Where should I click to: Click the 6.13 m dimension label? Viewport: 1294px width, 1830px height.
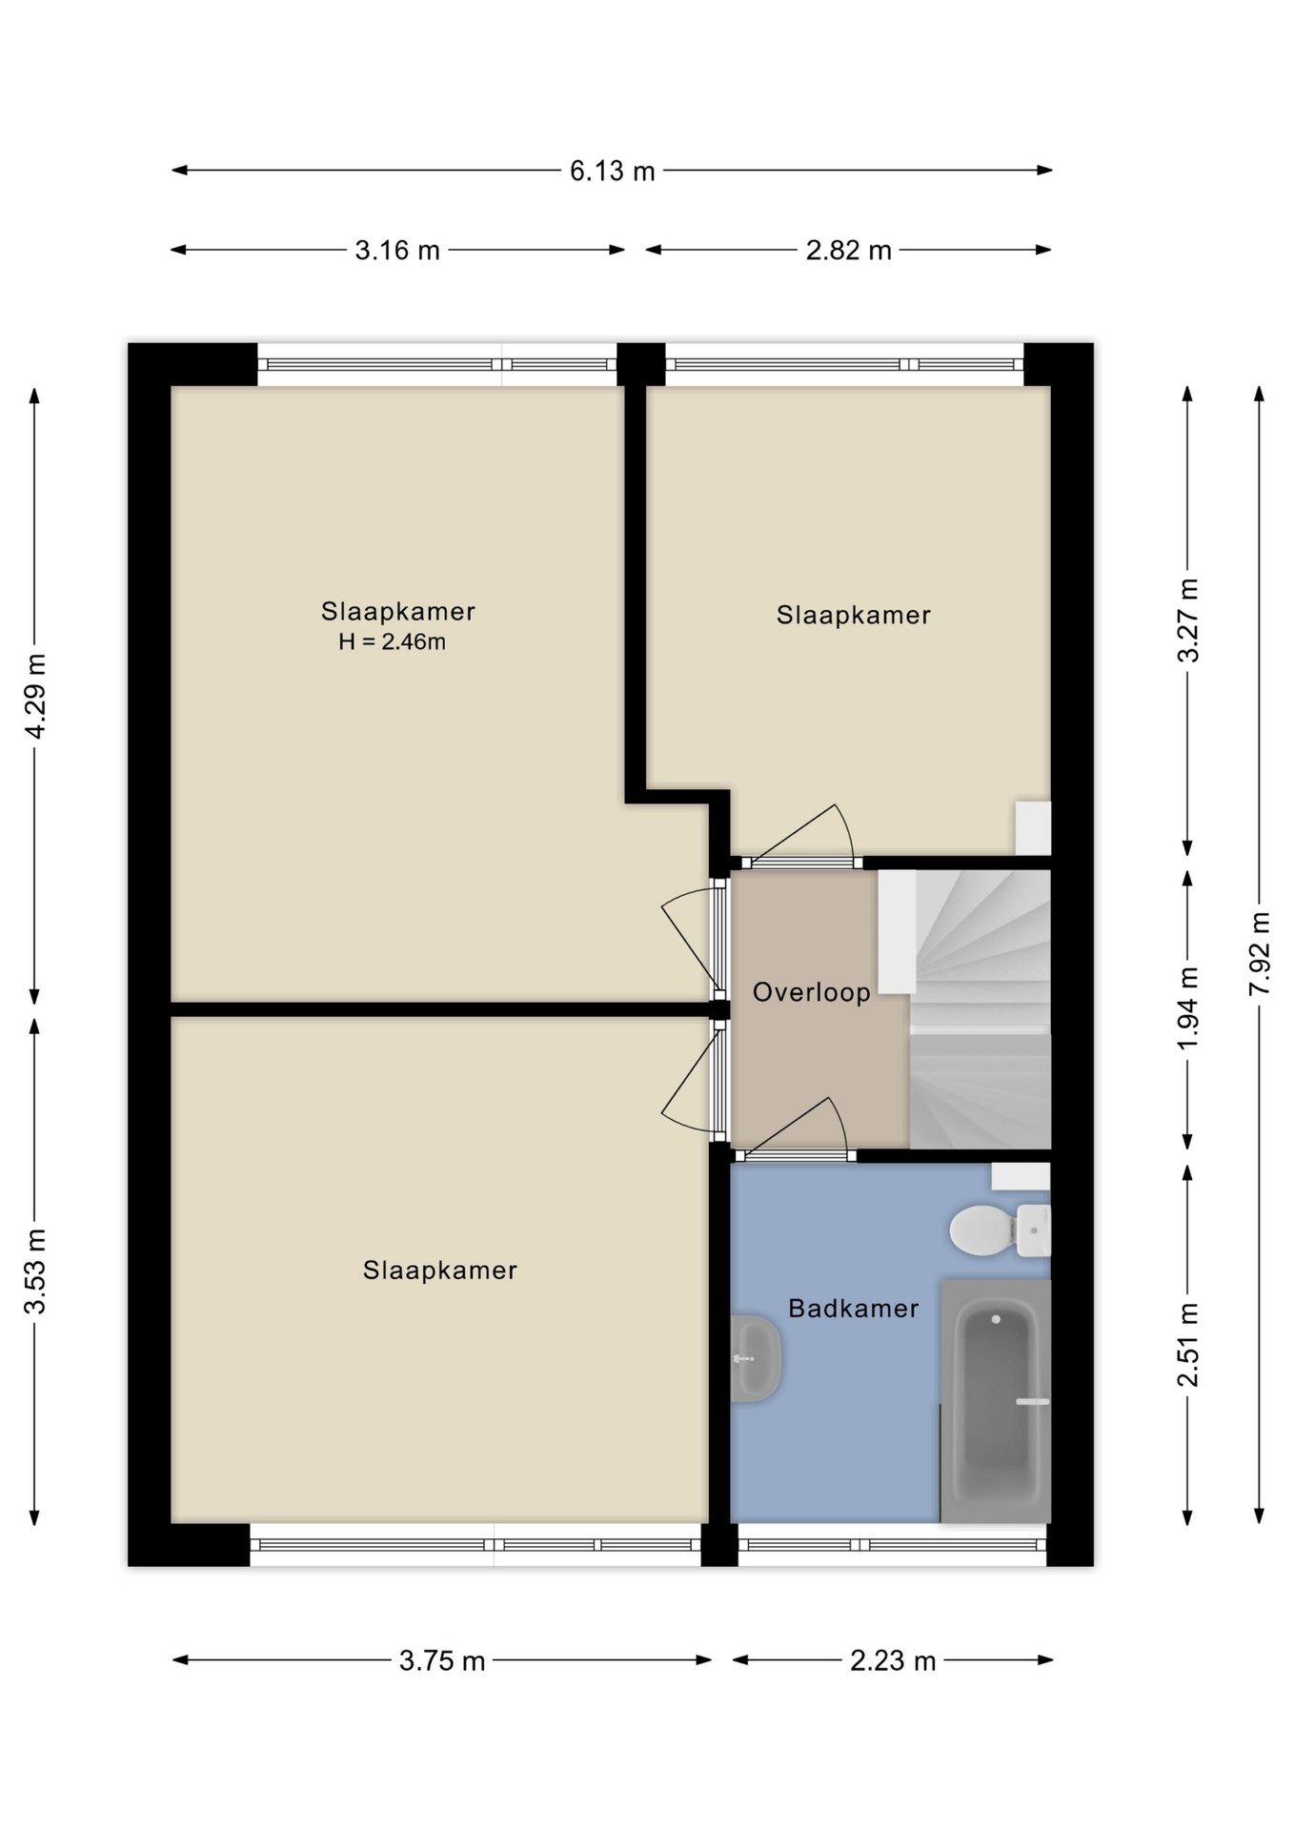pos(612,172)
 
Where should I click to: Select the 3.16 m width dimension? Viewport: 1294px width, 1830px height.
pos(397,251)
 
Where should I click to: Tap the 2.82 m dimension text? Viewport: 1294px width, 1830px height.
pos(848,251)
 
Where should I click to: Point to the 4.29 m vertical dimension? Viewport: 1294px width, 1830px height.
pos(35,696)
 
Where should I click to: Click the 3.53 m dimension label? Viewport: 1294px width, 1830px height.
pos(35,1271)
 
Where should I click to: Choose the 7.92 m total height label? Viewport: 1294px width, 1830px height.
pos(1260,954)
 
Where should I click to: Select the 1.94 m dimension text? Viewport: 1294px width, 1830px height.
pos(1188,1008)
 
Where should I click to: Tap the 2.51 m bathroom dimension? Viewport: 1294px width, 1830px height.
pos(1188,1345)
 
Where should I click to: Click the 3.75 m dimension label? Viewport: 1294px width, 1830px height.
pos(442,1661)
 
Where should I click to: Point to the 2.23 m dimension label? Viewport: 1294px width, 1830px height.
pos(893,1661)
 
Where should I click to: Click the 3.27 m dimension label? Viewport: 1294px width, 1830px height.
pos(1188,620)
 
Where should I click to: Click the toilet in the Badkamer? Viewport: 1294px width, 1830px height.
pos(1000,1230)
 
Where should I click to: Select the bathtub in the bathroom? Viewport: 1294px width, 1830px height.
pos(996,1400)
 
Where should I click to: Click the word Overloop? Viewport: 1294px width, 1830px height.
pos(811,993)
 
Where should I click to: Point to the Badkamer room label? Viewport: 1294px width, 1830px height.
pos(853,1309)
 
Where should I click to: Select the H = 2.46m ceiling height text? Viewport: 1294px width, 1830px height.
pos(392,642)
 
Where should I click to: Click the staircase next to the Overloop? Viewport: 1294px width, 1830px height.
pos(980,1009)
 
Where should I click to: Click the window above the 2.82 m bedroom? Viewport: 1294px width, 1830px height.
pos(844,364)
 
